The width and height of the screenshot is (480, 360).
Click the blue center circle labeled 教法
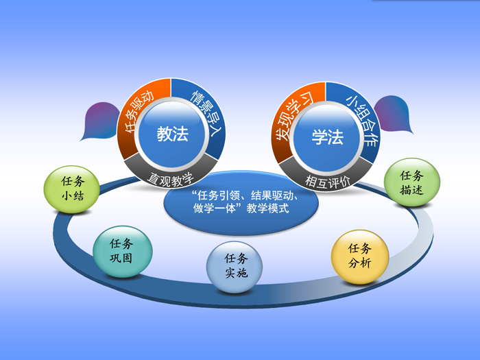pyautogui.click(x=171, y=134)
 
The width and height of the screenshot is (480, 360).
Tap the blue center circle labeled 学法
pyautogui.click(x=326, y=137)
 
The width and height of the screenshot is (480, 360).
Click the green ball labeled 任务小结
pyautogui.click(x=72, y=189)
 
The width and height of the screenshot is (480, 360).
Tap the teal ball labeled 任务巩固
pyautogui.click(x=123, y=252)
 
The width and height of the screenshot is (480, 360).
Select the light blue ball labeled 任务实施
pyautogui.click(x=235, y=267)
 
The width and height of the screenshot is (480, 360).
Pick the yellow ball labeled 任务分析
pyautogui.click(x=360, y=256)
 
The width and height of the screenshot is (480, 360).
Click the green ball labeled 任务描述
pyautogui.click(x=412, y=182)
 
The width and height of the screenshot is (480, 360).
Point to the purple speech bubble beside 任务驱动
pyautogui.click(x=100, y=121)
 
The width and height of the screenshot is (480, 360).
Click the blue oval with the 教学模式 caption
pyautogui.click(x=241, y=204)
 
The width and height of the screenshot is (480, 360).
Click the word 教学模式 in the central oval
pyautogui.click(x=267, y=208)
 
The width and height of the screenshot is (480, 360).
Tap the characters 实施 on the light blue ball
pyautogui.click(x=236, y=273)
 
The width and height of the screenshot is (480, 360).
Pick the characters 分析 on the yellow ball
pyautogui.click(x=360, y=263)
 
